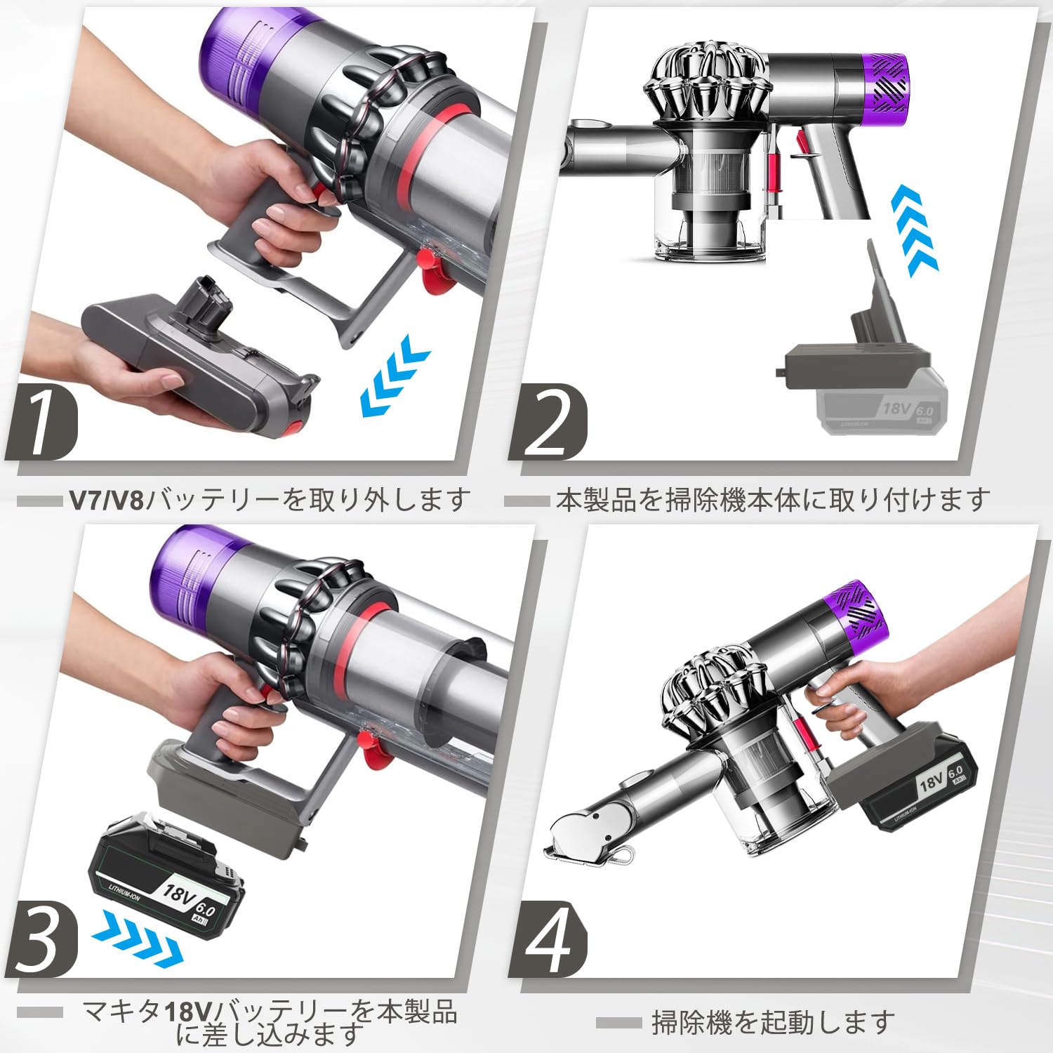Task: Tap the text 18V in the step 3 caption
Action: tap(187, 1012)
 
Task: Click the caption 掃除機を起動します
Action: tap(772, 1023)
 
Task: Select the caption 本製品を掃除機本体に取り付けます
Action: tap(772, 501)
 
